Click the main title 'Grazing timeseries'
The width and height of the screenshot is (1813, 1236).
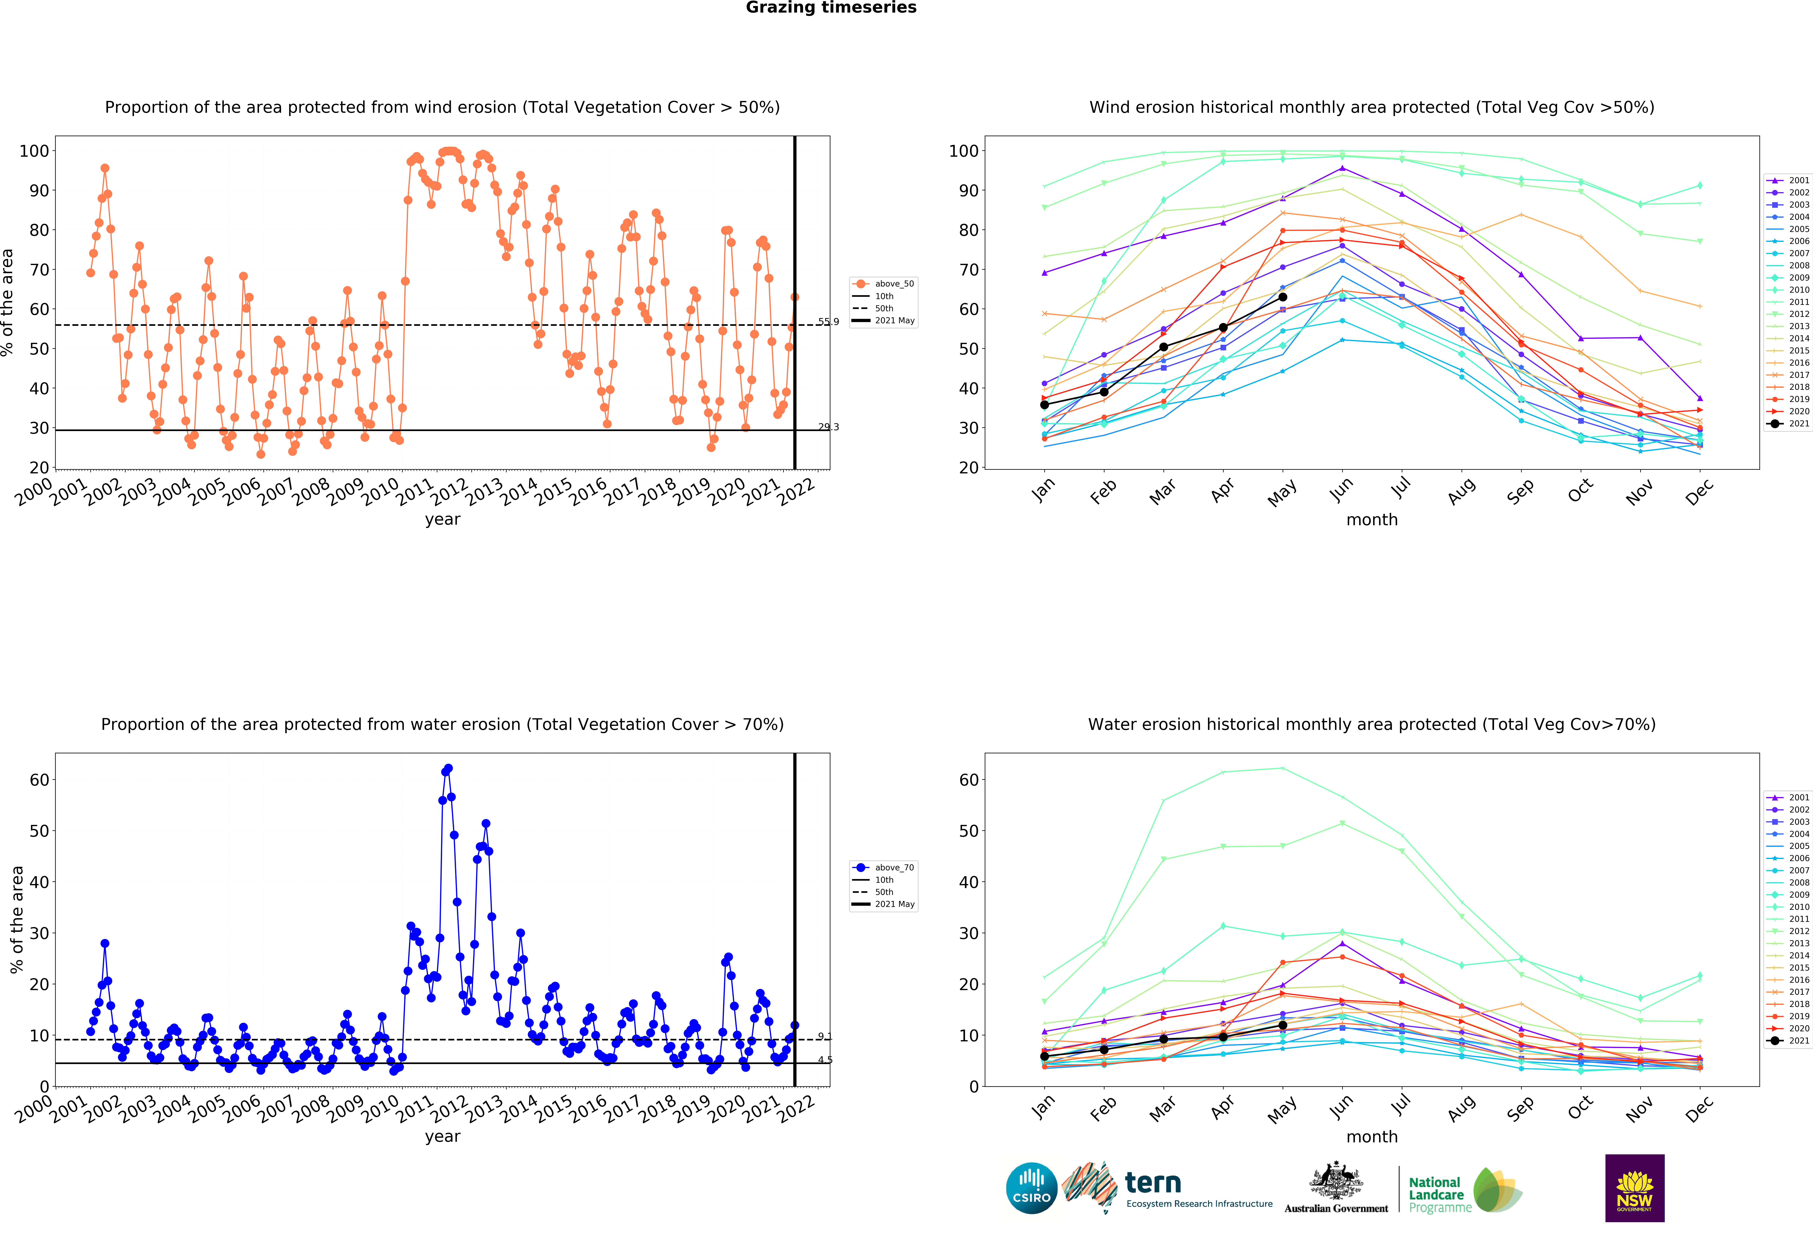click(831, 8)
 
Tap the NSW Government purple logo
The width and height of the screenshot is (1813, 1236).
click(1634, 1188)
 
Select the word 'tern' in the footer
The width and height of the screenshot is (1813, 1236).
click(1153, 1183)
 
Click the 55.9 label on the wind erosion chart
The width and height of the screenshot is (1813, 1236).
click(828, 322)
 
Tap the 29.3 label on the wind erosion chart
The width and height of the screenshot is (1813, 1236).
click(828, 427)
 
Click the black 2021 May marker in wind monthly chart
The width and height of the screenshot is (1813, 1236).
click(1282, 297)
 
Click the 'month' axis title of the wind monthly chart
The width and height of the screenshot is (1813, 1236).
click(1372, 520)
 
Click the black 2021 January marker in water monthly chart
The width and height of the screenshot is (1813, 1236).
click(1045, 1056)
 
